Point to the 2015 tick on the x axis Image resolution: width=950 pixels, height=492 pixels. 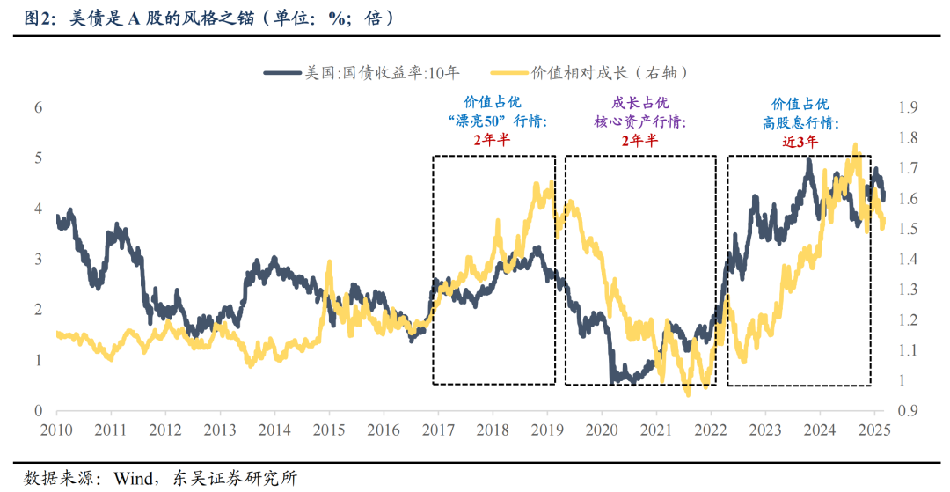[330, 430]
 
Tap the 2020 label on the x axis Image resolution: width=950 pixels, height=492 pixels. [603, 430]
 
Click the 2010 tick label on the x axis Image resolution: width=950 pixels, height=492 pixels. [57, 430]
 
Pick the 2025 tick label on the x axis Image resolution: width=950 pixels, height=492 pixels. [875, 430]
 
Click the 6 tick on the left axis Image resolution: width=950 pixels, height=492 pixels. [39, 107]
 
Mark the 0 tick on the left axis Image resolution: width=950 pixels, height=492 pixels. [39, 411]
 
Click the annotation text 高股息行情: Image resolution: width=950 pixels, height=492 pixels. [800, 122]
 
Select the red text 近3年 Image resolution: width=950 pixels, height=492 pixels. [800, 140]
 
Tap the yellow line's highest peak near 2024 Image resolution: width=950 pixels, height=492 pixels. [854, 145]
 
